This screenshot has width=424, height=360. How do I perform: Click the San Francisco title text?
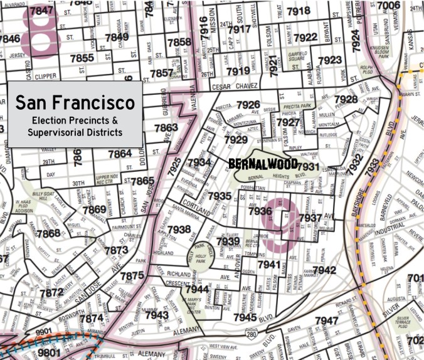click(75, 102)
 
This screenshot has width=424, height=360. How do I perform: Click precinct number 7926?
click(248, 104)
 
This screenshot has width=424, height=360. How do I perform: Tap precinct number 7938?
click(179, 230)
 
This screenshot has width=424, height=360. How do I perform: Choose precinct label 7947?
click(326, 320)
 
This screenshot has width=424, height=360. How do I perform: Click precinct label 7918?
click(299, 11)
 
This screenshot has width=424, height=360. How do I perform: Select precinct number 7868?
click(48, 233)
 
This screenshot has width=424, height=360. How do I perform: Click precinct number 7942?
click(324, 270)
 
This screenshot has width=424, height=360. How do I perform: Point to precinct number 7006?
click(388, 6)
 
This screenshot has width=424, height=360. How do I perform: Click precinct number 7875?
click(132, 275)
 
